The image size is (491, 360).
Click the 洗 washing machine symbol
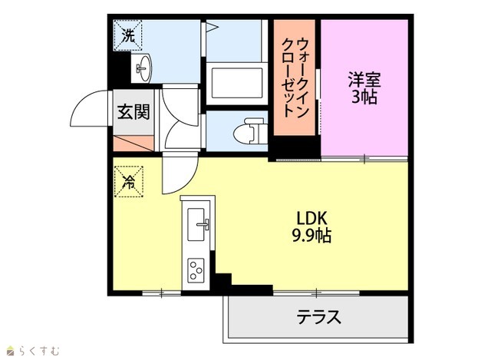coord(128,35)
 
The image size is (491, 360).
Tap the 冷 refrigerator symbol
coord(129,181)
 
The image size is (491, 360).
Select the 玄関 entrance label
coord(133,112)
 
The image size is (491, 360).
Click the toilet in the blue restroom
coord(250,131)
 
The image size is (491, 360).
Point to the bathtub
coord(237,83)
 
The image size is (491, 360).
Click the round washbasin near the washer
coord(144,68)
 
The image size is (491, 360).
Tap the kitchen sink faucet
coord(203,224)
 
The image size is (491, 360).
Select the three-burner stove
coord(196,269)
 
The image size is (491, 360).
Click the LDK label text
coord(311,219)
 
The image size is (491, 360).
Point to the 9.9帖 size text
coord(311,236)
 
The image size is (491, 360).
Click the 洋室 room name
coord(364,80)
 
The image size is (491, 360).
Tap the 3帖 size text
coord(364,97)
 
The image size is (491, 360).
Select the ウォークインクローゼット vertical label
coord(295,77)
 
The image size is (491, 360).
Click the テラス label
coord(318,317)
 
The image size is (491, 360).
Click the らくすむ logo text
coord(39,351)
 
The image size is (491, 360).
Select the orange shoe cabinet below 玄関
coord(133,144)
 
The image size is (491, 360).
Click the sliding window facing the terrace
coord(316,293)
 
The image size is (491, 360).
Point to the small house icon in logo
coord(11,351)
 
